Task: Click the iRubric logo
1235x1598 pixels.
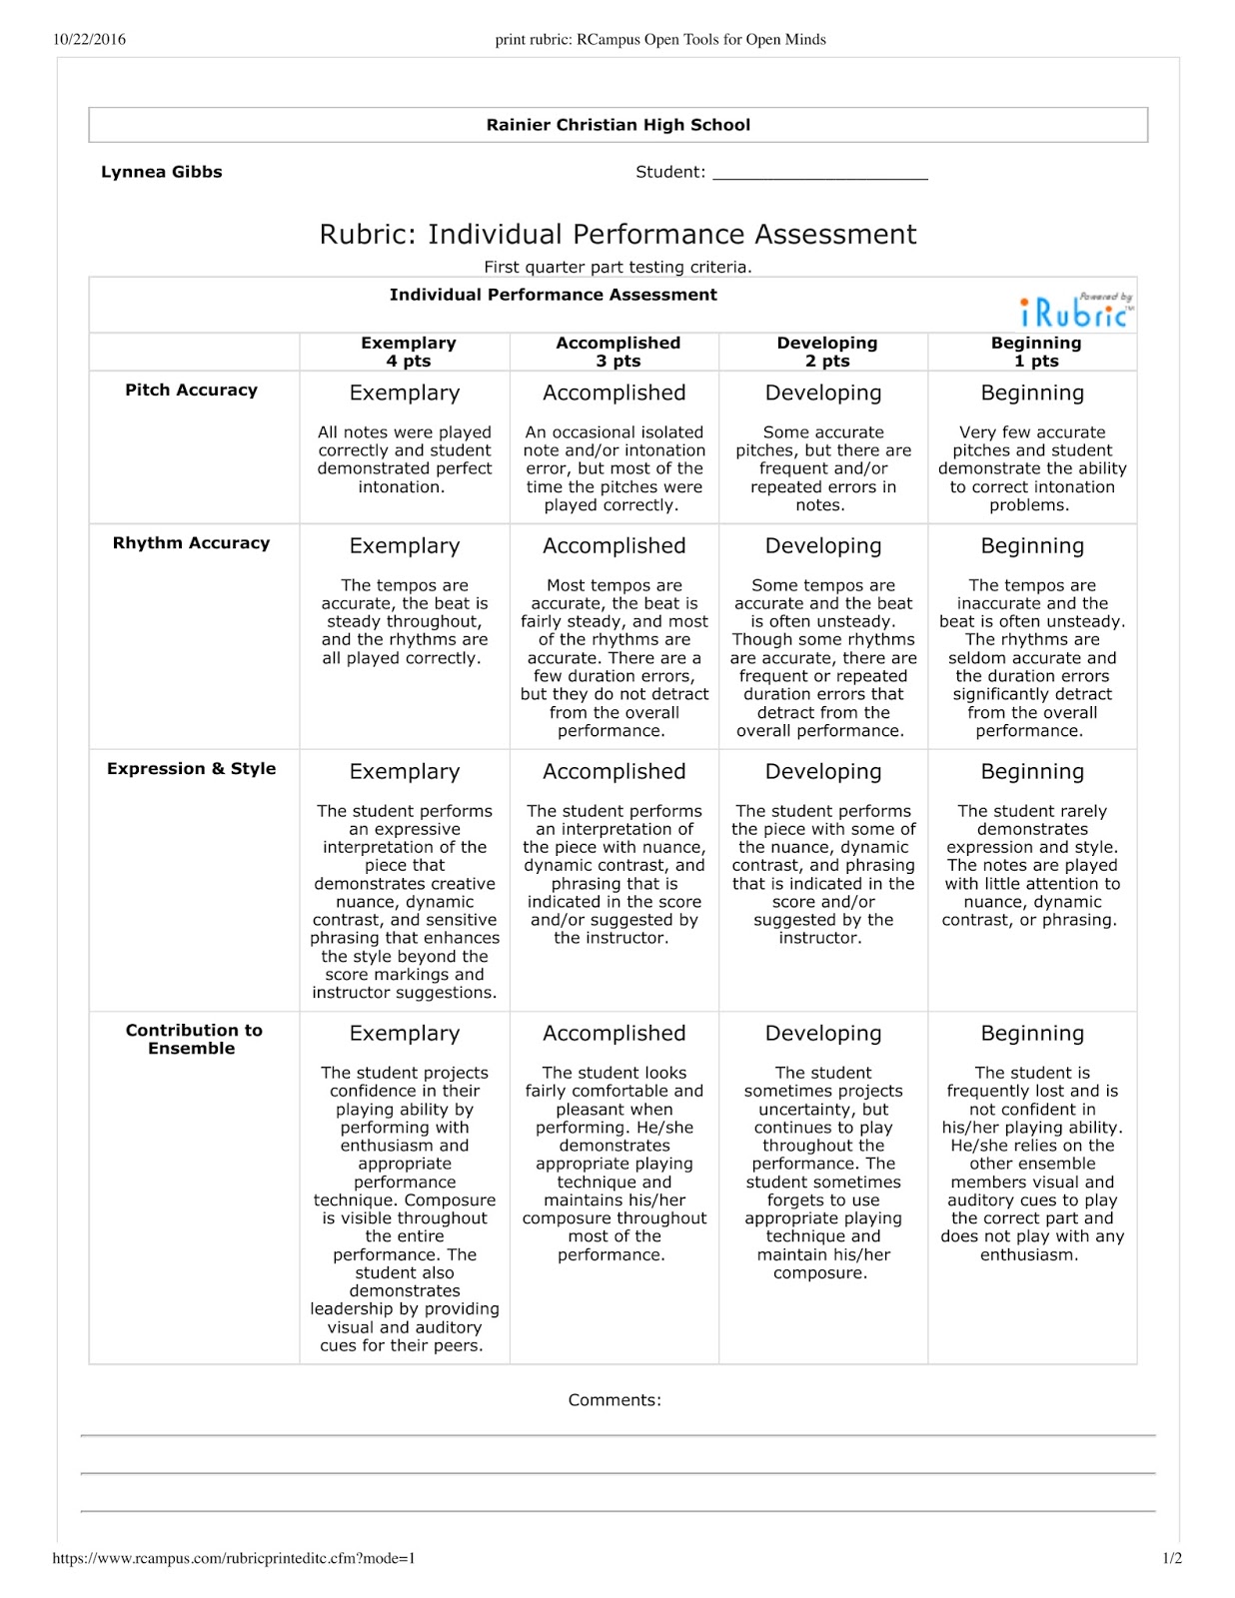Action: pos(1075,312)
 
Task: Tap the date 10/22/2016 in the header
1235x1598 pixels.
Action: pos(90,40)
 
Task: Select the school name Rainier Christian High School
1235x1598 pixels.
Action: pos(617,125)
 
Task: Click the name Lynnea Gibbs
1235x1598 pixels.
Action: pos(162,172)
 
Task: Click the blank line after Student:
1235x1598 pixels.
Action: pos(819,174)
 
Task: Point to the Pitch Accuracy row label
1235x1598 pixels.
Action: pos(191,391)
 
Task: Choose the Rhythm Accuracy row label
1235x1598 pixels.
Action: pos(191,543)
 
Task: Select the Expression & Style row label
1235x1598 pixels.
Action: pos(191,769)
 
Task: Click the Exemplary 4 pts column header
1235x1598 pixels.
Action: pos(408,352)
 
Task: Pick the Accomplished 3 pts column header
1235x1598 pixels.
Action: pos(617,352)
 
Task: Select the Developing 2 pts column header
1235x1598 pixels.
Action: pos(826,352)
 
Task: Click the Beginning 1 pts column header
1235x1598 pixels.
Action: pos(1035,352)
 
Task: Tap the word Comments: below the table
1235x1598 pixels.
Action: pos(615,1400)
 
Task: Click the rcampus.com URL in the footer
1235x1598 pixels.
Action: pos(234,1558)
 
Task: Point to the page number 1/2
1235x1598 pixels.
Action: pos(1172,1558)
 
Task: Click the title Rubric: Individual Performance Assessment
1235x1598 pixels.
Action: pos(617,235)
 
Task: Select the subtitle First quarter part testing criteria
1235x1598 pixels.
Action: pos(617,268)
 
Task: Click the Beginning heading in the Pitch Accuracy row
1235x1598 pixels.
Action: pos(1032,394)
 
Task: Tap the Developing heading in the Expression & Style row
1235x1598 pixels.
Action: pos(823,772)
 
